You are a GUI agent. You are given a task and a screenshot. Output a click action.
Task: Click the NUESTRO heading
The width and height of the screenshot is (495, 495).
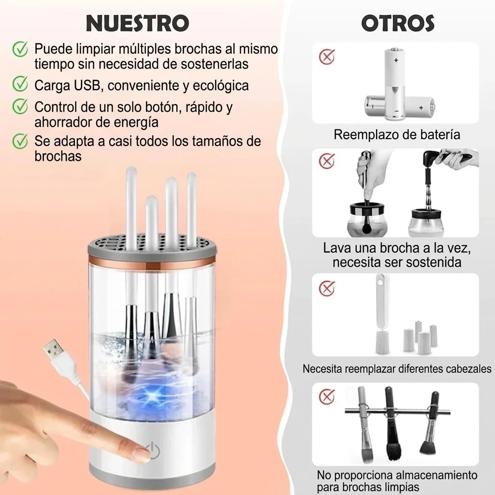(138, 23)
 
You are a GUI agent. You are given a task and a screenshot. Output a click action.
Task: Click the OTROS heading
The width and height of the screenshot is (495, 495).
(398, 23)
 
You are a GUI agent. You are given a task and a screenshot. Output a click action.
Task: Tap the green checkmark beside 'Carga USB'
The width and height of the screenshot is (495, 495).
(20, 84)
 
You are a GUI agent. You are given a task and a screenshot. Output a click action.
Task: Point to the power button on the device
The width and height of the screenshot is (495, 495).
(153, 449)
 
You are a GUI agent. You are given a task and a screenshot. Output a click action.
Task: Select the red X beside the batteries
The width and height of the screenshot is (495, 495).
(327, 57)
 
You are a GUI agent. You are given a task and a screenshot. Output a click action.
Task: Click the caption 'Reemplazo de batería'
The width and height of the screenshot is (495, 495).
(397, 134)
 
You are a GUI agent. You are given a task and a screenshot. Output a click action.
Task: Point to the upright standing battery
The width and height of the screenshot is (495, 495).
(394, 84)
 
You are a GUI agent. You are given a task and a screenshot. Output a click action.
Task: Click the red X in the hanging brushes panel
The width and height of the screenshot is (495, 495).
(327, 396)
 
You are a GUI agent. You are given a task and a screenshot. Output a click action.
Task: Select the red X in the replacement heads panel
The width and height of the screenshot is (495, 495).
(327, 288)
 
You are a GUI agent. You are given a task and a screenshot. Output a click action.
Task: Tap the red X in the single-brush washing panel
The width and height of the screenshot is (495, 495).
(327, 161)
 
